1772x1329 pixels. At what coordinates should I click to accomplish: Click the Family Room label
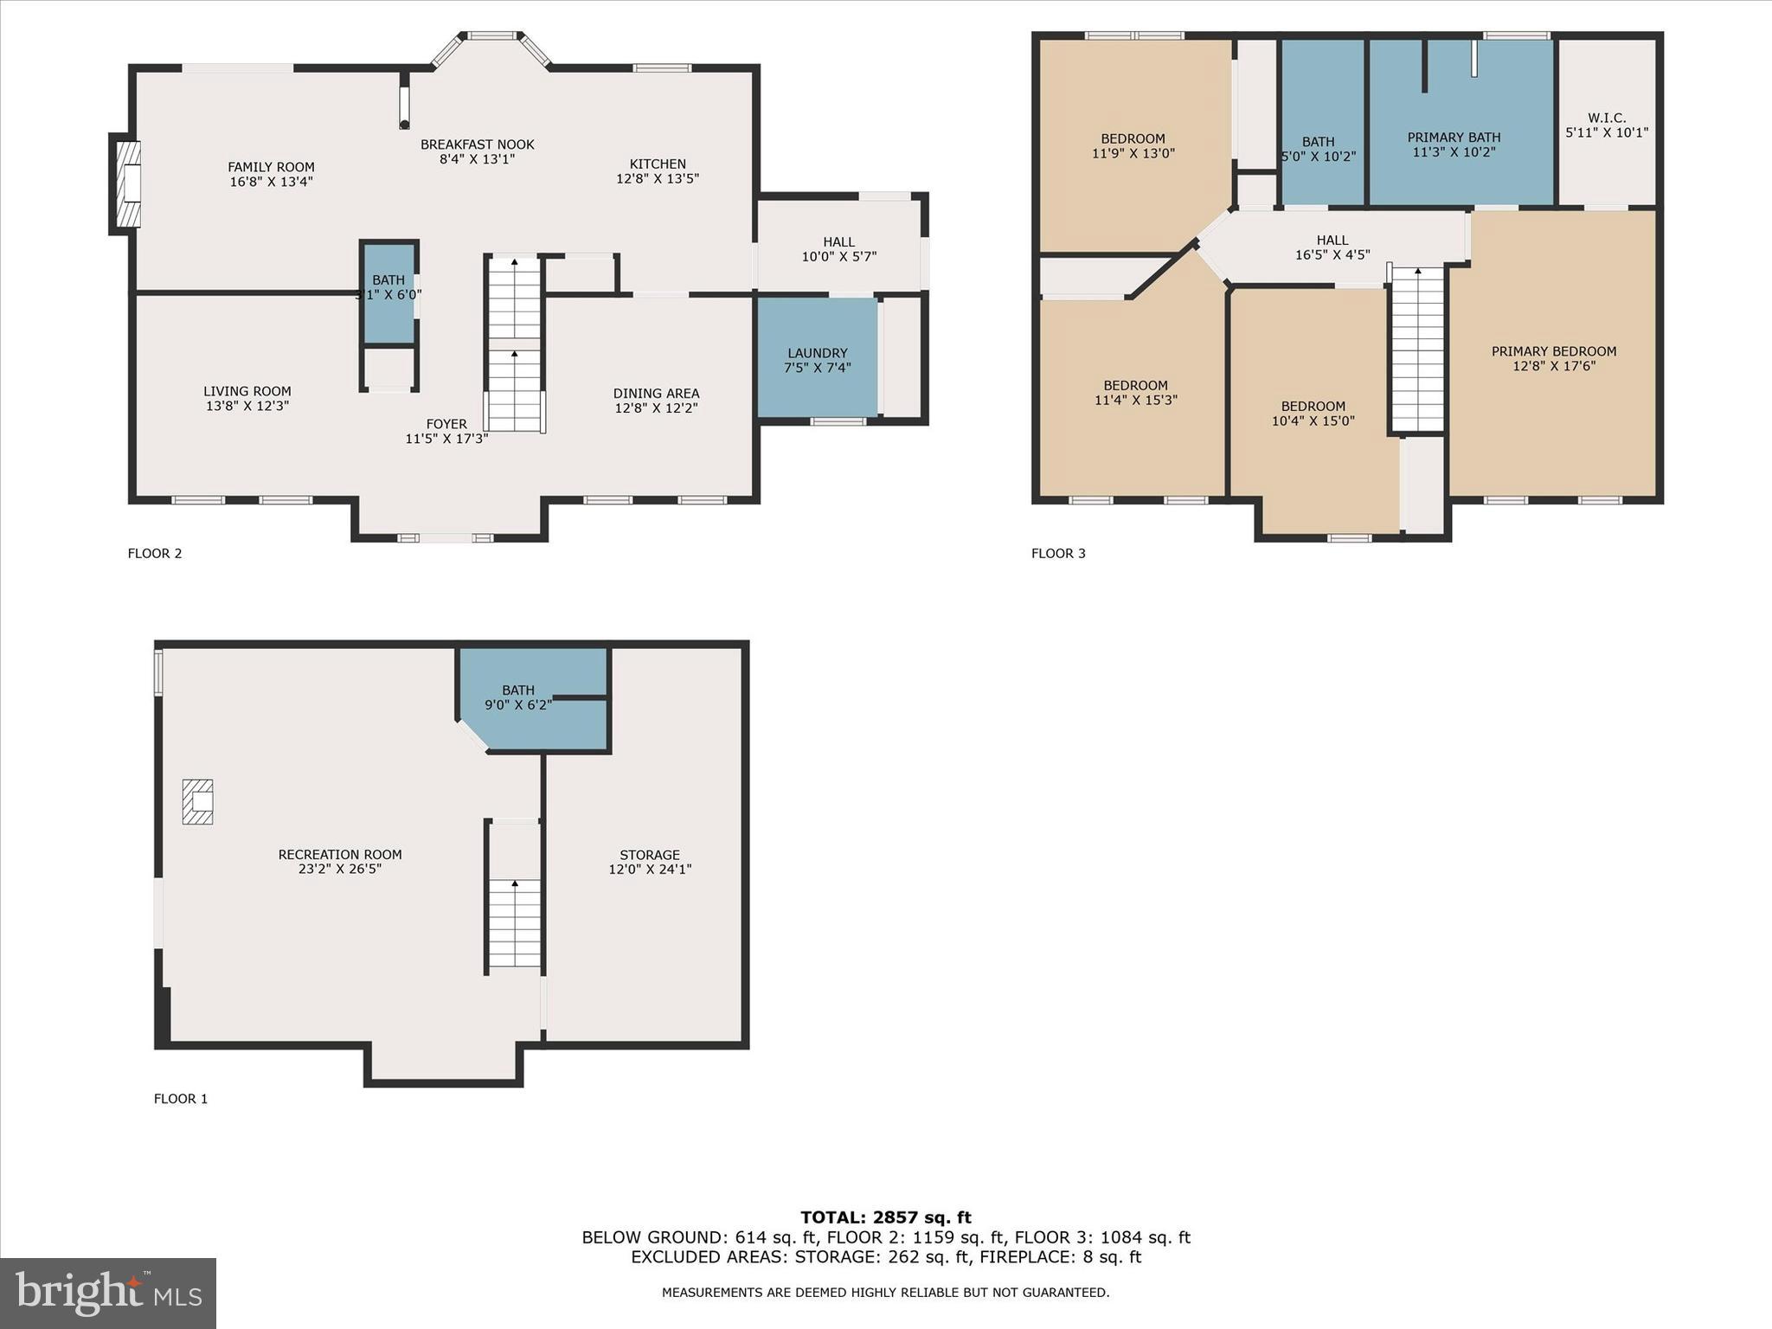[x=271, y=167]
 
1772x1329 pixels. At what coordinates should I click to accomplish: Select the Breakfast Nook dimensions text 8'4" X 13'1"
[x=477, y=159]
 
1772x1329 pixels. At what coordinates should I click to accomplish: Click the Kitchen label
[x=658, y=164]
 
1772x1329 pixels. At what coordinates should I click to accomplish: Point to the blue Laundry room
[x=817, y=359]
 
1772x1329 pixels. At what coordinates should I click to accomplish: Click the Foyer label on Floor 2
[x=446, y=424]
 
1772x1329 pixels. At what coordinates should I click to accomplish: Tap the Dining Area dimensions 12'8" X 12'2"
[x=656, y=408]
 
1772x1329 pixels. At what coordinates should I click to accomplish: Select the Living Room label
[x=247, y=391]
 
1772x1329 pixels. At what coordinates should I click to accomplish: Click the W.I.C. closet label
[x=1607, y=118]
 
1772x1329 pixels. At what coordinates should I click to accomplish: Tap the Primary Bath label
[x=1454, y=138]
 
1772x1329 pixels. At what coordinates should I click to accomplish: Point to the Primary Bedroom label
[x=1554, y=351]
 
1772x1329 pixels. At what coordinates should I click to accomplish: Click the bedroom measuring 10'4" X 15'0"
[x=1313, y=414]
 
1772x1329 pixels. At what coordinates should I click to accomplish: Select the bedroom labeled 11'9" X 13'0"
[x=1133, y=146]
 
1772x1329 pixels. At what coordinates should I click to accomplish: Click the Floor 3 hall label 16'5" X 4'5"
[x=1332, y=247]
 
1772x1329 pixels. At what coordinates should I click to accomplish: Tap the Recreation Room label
[x=340, y=854]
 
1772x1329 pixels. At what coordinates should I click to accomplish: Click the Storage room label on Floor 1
[x=650, y=854]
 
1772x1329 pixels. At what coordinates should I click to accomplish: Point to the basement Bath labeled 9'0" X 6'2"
[x=518, y=697]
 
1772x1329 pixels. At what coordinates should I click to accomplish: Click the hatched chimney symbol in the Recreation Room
[x=197, y=801]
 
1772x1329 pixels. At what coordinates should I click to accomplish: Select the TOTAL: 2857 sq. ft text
[x=885, y=1217]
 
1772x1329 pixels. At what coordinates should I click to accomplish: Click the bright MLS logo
[x=108, y=1293]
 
